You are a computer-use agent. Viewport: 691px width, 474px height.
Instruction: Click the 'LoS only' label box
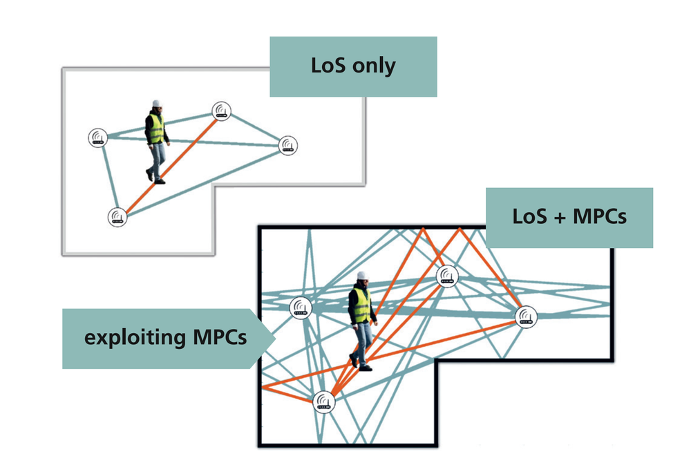(353, 66)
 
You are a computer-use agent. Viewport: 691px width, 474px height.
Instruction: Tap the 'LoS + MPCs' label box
(569, 217)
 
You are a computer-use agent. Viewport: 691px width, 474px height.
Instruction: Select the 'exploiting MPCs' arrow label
(166, 339)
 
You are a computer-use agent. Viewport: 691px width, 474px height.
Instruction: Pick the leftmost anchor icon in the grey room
(98, 138)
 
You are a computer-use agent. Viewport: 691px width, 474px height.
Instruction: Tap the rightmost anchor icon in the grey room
(288, 146)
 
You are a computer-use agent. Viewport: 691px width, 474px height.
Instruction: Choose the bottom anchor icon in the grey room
(117, 218)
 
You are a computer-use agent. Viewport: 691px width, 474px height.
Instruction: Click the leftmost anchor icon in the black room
(299, 307)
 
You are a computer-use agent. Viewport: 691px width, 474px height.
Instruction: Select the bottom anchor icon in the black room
(323, 401)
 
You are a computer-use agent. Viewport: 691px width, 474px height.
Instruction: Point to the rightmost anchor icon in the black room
(527, 317)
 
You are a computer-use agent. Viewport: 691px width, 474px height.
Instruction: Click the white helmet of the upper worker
(157, 104)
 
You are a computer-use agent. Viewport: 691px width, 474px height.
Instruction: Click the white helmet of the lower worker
(361, 276)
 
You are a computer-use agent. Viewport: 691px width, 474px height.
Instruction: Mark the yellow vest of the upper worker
(156, 129)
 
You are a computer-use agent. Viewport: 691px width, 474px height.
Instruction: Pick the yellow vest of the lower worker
(361, 304)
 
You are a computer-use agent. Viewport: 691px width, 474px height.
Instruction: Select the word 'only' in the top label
(373, 66)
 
